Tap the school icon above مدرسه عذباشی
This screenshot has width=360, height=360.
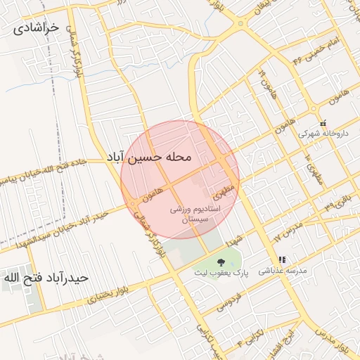click(x=282, y=259)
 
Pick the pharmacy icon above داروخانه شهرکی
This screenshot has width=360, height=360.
click(x=323, y=122)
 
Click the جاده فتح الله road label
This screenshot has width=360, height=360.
click(x=64, y=169)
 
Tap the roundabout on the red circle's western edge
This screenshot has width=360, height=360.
click(x=132, y=204)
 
